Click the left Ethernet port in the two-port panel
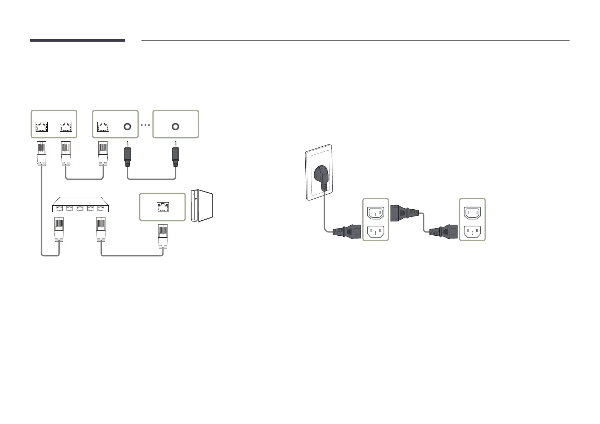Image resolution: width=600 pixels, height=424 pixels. click(x=42, y=127)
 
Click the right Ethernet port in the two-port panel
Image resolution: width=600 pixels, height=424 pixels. click(x=66, y=127)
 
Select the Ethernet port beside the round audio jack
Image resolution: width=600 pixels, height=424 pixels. click(x=103, y=127)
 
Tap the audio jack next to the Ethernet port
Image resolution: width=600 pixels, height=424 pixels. click(x=127, y=127)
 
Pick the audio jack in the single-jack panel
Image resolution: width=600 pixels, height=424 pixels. click(x=175, y=127)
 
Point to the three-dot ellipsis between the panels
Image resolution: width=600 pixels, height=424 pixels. click(x=145, y=126)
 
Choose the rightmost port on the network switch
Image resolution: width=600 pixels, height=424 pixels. click(x=101, y=208)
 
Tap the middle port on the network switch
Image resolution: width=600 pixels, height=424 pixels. click(x=80, y=208)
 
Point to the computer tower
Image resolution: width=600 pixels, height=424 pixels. click(x=202, y=205)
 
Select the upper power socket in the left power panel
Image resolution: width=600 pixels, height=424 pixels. click(x=376, y=213)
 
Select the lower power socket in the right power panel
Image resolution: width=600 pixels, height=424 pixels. click(x=472, y=232)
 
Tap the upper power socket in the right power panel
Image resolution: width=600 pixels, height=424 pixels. click(x=472, y=213)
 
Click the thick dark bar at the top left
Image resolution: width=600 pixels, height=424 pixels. click(x=78, y=40)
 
